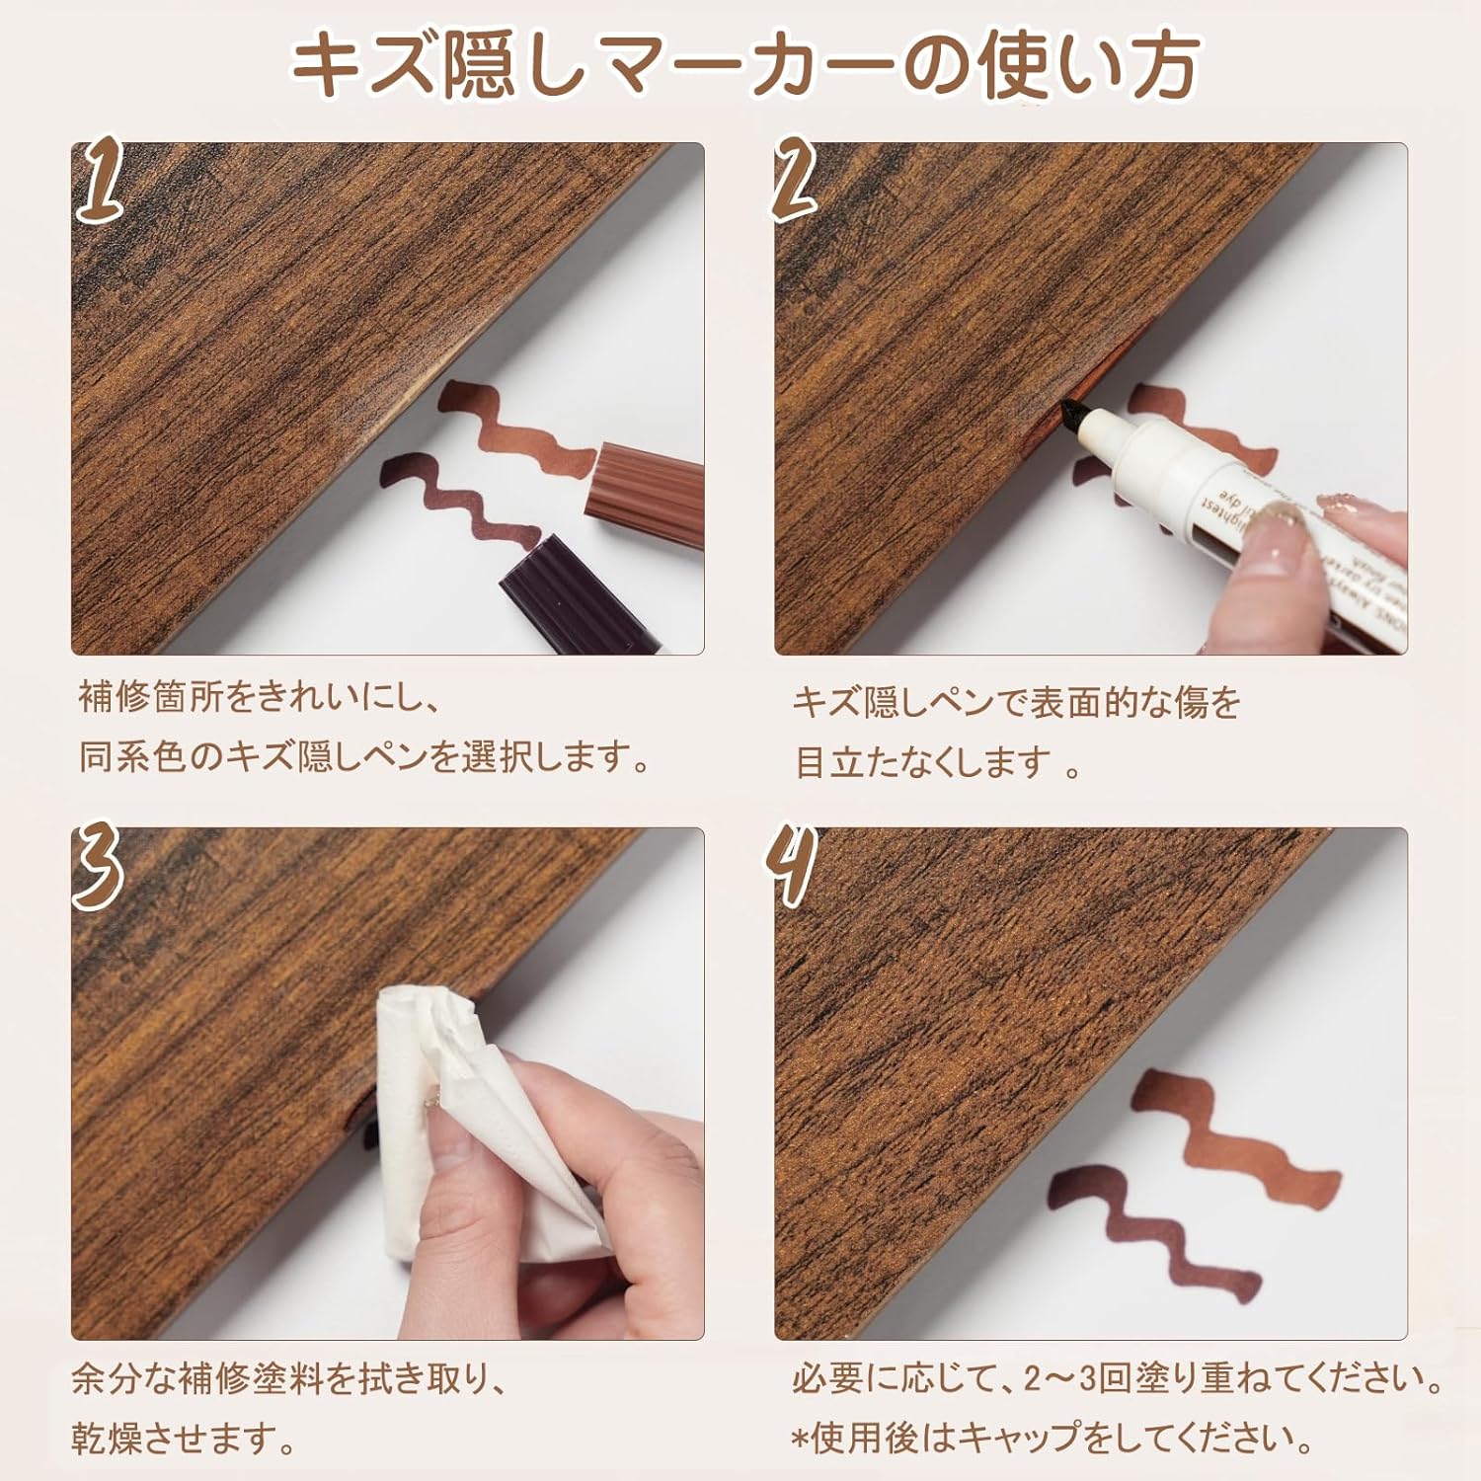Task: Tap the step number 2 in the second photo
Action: coord(796,178)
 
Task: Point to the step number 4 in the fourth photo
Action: coord(793,864)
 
